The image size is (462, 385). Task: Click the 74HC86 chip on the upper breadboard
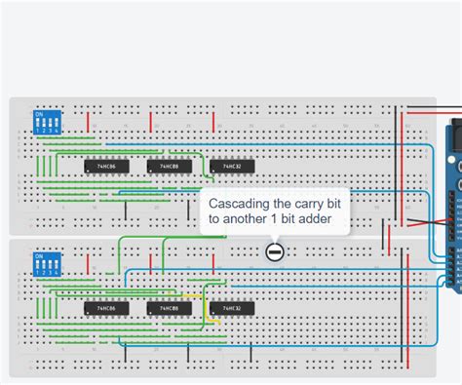102,168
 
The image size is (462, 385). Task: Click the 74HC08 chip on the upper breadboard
164,168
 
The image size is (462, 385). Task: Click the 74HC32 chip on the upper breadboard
231,168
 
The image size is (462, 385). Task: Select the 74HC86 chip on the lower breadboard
102,309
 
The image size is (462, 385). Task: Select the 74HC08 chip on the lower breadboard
164,309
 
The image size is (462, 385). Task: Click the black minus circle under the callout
274,252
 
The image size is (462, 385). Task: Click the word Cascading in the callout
238,204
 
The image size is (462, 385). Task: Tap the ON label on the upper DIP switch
39,113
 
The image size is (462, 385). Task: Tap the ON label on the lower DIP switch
39,255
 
